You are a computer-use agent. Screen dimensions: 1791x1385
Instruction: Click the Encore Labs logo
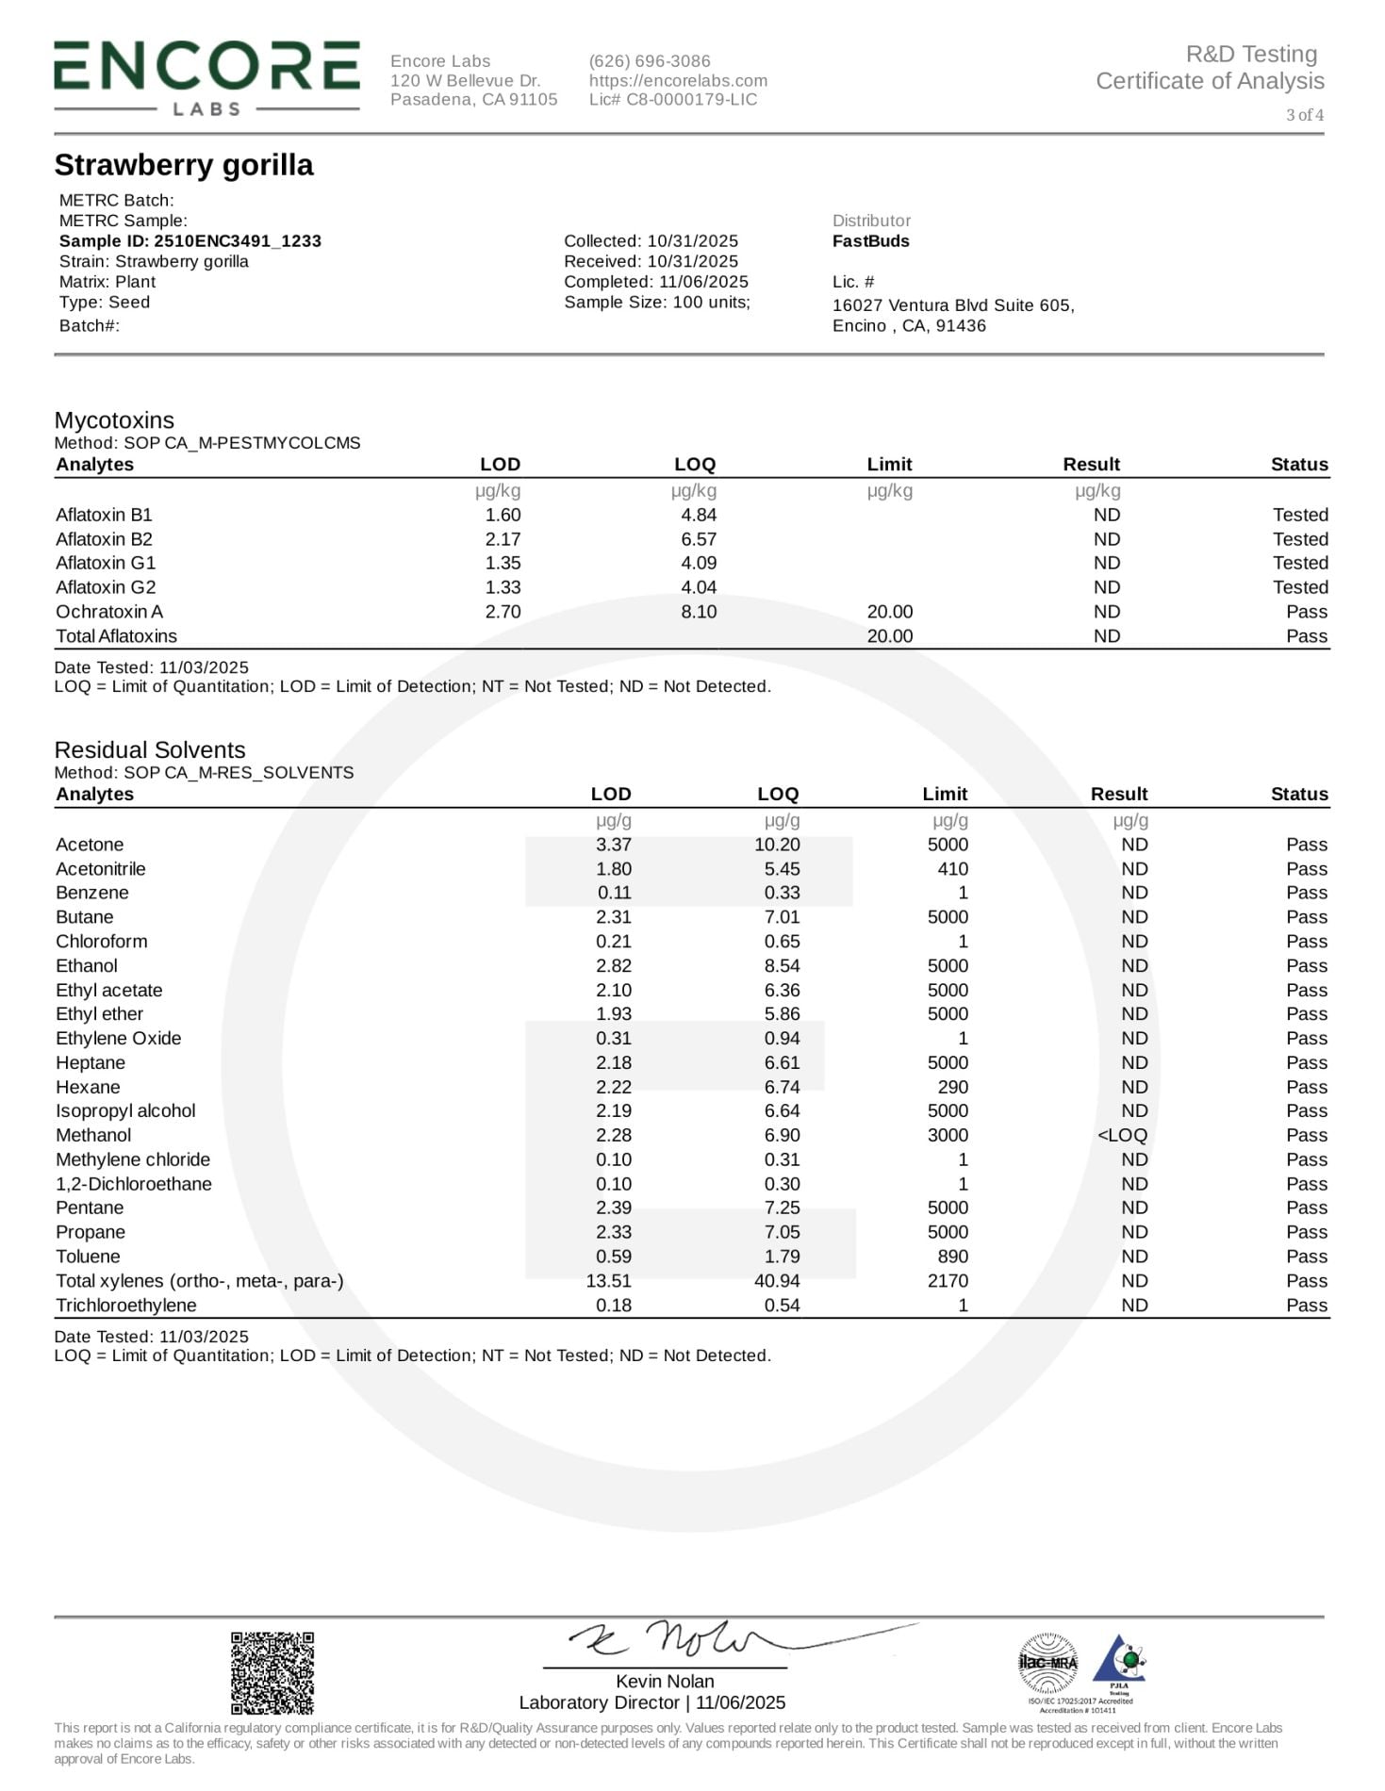point(206,78)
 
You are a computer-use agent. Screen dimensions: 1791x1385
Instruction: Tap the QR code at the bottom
point(272,1672)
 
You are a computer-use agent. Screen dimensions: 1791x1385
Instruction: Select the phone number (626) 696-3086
point(650,61)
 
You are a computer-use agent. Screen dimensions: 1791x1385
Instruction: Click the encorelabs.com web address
point(678,81)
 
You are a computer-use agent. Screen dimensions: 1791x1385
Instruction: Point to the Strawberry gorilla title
point(184,165)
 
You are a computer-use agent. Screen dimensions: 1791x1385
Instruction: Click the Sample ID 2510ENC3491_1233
point(190,241)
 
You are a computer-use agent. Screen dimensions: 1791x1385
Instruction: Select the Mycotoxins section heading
point(114,420)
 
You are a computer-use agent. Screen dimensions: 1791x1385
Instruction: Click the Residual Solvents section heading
point(150,750)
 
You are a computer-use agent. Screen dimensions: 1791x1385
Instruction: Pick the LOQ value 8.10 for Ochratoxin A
point(699,612)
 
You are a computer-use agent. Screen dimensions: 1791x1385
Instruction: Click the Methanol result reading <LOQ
point(1122,1136)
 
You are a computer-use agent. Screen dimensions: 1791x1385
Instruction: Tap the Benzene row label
point(92,893)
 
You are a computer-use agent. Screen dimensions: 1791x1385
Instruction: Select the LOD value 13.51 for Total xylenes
point(608,1281)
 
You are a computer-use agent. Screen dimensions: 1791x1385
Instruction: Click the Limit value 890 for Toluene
point(952,1257)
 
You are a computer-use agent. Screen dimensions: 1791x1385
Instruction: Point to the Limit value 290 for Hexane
point(952,1087)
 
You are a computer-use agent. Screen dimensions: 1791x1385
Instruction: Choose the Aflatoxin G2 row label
point(106,587)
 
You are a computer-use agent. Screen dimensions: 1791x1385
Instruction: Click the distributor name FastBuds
point(870,241)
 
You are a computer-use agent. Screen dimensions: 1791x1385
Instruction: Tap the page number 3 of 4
point(1304,115)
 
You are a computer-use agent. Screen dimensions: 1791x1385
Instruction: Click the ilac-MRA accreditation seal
point(1047,1663)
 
